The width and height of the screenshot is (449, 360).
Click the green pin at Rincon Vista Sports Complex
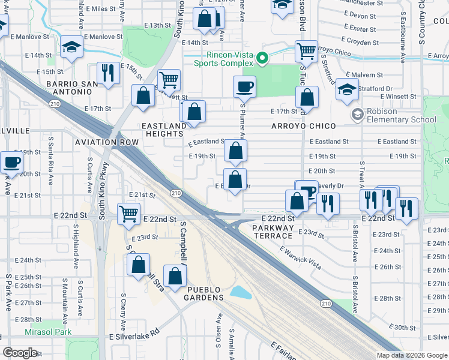tap(262, 58)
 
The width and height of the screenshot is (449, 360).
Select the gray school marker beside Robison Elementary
tap(358, 114)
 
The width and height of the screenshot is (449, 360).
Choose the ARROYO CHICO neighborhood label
tap(303, 126)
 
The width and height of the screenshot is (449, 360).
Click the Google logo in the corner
tap(20, 353)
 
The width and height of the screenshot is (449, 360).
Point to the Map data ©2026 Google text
tap(411, 355)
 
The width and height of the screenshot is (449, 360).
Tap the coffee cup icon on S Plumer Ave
tap(244, 86)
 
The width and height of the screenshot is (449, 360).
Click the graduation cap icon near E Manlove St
tap(71, 48)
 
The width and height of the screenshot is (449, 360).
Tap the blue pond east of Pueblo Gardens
tap(240, 293)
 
